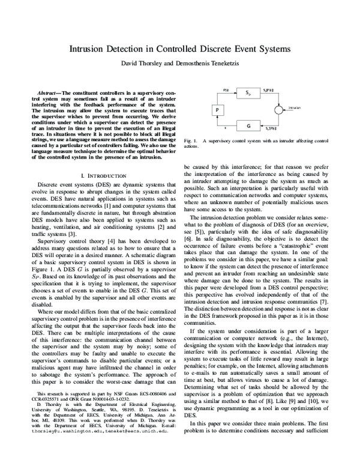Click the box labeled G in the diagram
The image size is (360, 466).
[x=248, y=126]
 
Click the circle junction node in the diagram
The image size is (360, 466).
[x=280, y=109]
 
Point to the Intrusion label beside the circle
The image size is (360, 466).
[x=294, y=108]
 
